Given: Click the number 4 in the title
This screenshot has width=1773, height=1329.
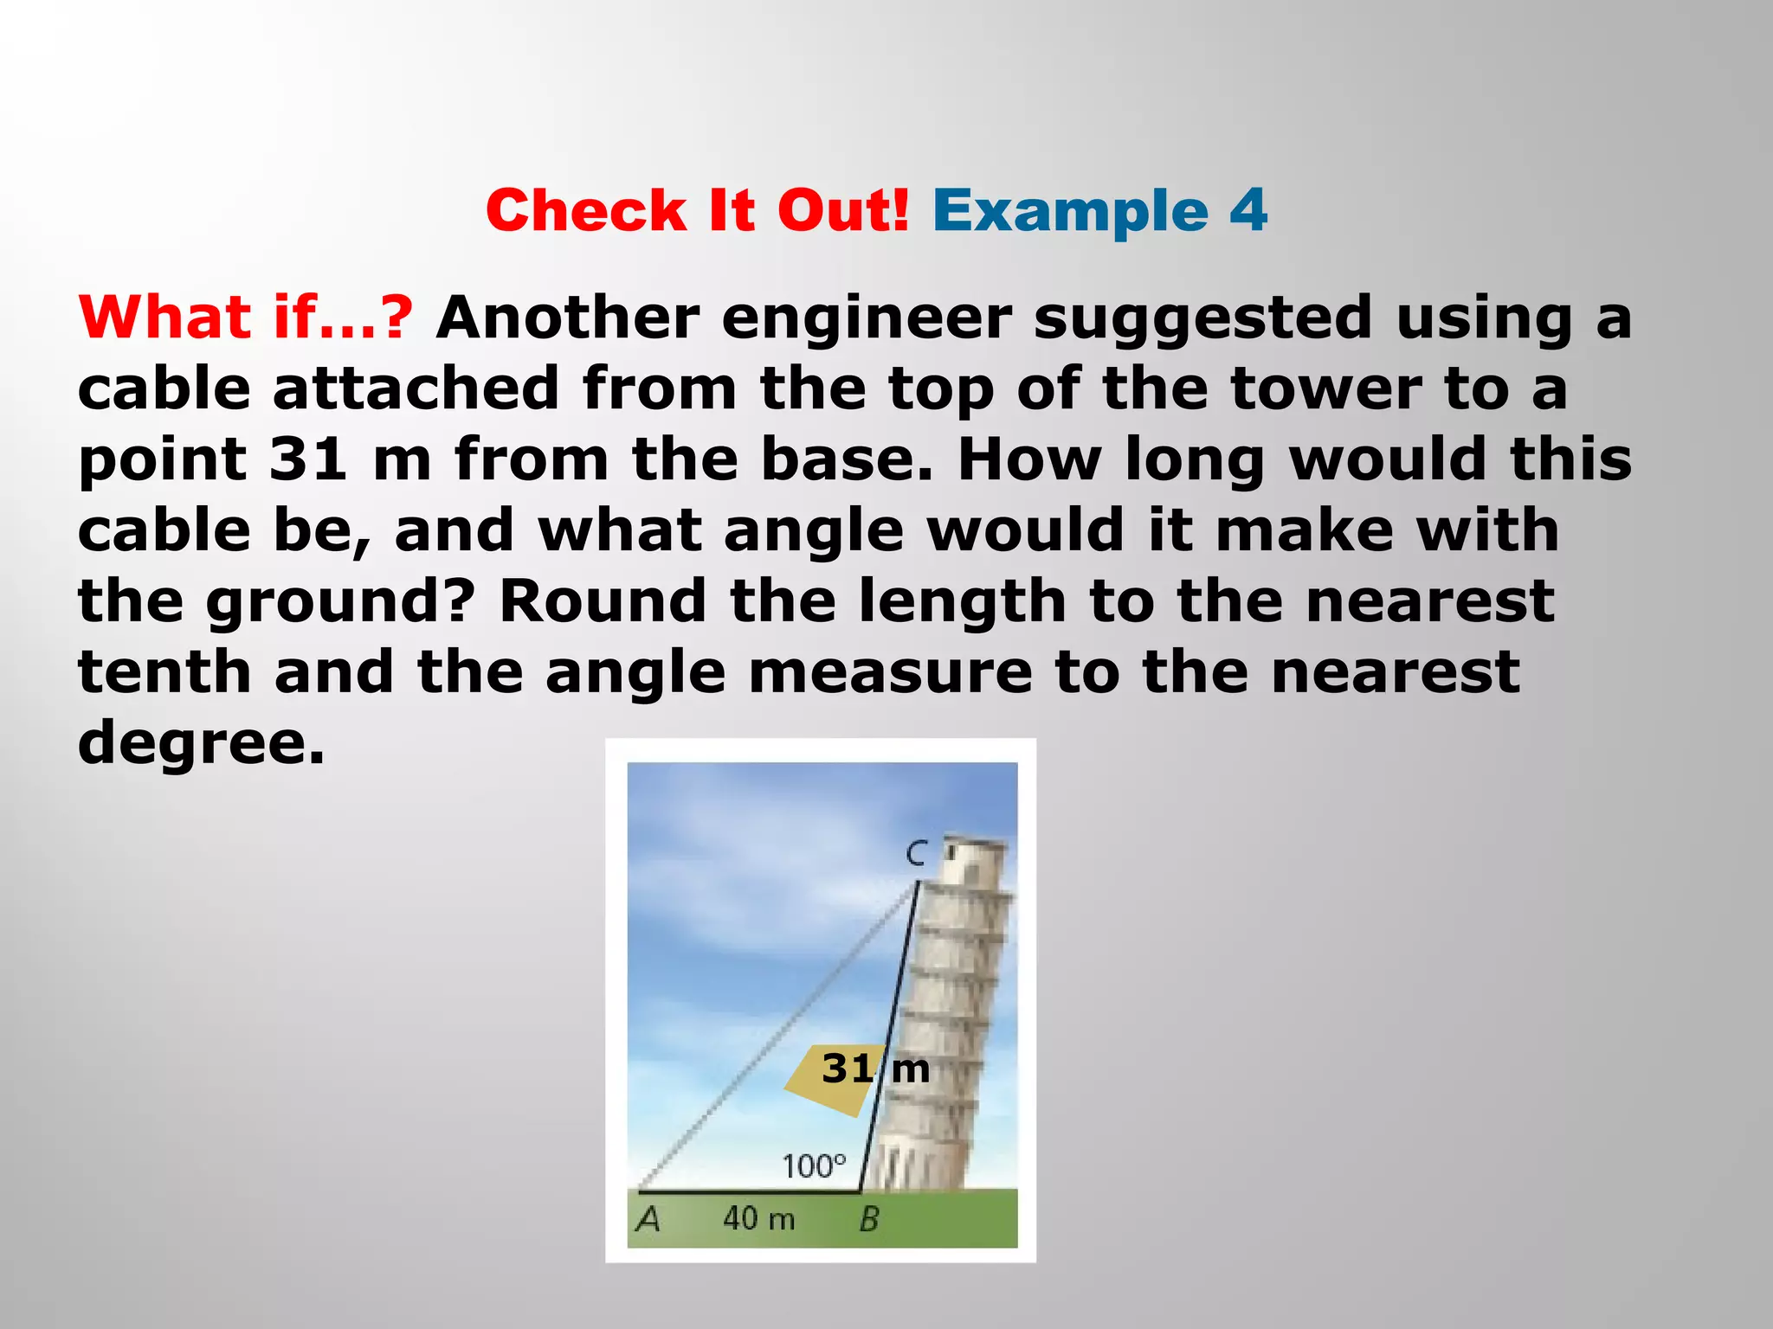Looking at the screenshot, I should point(1248,210).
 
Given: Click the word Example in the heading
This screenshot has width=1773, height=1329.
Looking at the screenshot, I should point(1070,212).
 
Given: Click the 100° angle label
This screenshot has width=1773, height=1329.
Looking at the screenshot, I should point(814,1166).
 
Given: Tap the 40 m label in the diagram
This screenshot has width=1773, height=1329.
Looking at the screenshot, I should point(758,1218).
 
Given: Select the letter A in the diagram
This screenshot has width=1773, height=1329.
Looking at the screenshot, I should point(648,1219).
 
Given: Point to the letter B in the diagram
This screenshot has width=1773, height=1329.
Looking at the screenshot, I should point(869,1219).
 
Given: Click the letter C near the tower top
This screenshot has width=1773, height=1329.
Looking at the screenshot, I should point(916,854).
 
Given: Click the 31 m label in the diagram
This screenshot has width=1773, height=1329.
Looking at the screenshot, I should point(874,1069).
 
